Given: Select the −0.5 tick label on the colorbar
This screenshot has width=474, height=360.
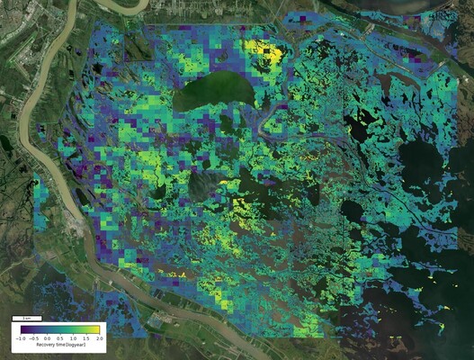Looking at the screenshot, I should click(x=33, y=338).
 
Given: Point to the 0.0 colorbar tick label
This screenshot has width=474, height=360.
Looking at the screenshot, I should click(x=47, y=338).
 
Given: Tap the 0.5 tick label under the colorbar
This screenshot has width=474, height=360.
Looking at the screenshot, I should click(x=59, y=338).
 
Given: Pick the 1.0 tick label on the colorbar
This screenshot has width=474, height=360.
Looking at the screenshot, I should click(x=72, y=338).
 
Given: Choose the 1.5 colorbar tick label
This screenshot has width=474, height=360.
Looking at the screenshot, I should click(x=85, y=338).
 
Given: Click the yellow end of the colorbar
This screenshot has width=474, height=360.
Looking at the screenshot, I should click(x=96, y=330).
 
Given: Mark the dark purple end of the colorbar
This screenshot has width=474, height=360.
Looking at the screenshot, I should click(x=22, y=330).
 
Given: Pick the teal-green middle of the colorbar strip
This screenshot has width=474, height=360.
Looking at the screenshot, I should click(x=59, y=330).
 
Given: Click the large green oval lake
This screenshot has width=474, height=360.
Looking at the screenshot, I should click(x=212, y=93).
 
